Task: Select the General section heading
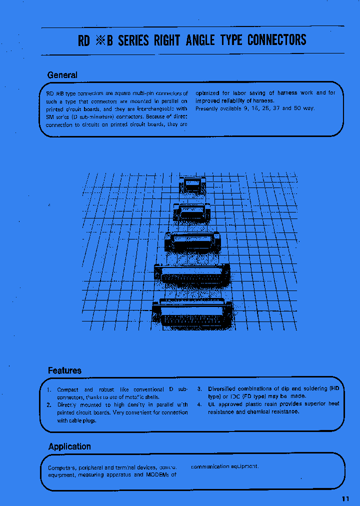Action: [62, 75]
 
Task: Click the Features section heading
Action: [64, 370]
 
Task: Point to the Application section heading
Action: [69, 446]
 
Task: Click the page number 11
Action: [346, 498]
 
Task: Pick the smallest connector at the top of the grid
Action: [192, 185]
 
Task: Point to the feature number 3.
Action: [199, 389]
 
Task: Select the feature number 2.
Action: [49, 405]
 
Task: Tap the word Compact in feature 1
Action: [67, 389]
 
